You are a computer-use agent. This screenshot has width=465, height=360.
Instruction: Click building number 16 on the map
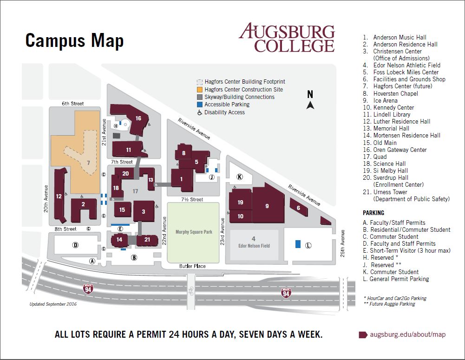pyautogui.click(x=131, y=117)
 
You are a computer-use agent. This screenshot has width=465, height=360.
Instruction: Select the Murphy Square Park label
pyautogui.click(x=194, y=232)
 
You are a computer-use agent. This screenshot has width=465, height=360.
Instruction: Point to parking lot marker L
pyautogui.click(x=308, y=246)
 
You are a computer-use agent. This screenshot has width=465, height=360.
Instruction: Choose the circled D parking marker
pyautogui.click(x=76, y=245)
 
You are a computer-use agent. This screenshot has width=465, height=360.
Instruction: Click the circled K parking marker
pyautogui.click(x=240, y=177)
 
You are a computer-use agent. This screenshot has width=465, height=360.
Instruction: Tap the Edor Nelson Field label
pyautogui.click(x=254, y=246)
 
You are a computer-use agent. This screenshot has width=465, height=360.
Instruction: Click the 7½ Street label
pyautogui.click(x=192, y=200)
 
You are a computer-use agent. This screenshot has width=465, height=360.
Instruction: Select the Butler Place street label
pyautogui.click(x=192, y=266)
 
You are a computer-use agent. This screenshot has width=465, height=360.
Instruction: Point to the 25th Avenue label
pyautogui.click(x=342, y=243)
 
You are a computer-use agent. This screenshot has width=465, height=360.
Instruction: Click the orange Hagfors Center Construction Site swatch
pyautogui.click(x=200, y=90)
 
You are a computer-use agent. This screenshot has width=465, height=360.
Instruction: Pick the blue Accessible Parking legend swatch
pyautogui.click(x=200, y=105)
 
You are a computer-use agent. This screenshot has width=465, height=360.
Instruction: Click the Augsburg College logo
pyautogui.click(x=287, y=38)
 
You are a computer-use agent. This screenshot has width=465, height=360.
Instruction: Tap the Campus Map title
pyautogui.click(x=74, y=40)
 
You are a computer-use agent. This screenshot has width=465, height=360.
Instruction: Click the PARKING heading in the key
pyautogui.click(x=373, y=213)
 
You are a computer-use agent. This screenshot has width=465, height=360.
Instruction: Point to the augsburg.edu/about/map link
pyautogui.click(x=408, y=334)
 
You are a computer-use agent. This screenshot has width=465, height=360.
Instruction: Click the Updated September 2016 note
pyautogui.click(x=53, y=304)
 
